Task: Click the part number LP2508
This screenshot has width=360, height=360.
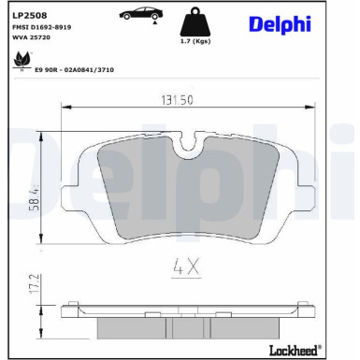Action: [30, 14]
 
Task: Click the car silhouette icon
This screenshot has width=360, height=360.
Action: [138, 14]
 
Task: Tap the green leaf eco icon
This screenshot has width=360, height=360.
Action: [19, 62]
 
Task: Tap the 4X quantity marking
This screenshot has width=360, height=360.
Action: [185, 267]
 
